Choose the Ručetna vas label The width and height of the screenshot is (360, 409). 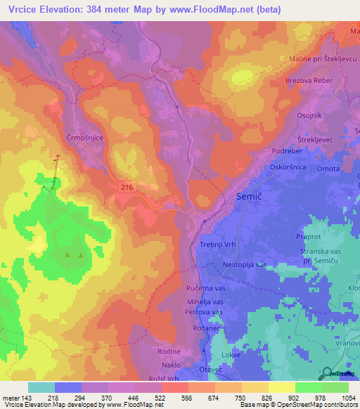point(205,288)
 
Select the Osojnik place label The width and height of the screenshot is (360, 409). point(307,117)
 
